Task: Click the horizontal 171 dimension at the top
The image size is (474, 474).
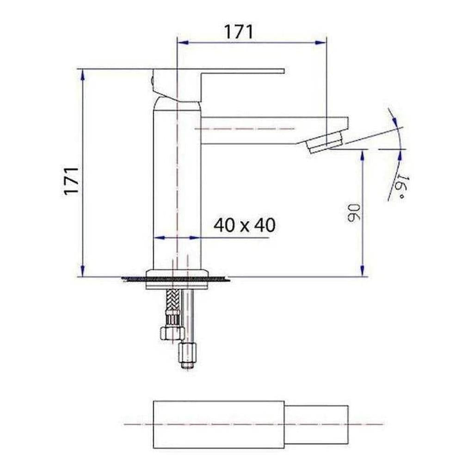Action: click(x=239, y=32)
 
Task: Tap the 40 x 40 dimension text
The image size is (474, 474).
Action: click(x=244, y=225)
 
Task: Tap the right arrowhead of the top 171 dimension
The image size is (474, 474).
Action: click(x=321, y=43)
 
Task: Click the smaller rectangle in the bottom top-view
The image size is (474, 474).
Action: click(x=316, y=424)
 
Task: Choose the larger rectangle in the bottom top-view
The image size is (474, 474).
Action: click(x=218, y=424)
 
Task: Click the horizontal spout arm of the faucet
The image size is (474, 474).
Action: click(x=273, y=129)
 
